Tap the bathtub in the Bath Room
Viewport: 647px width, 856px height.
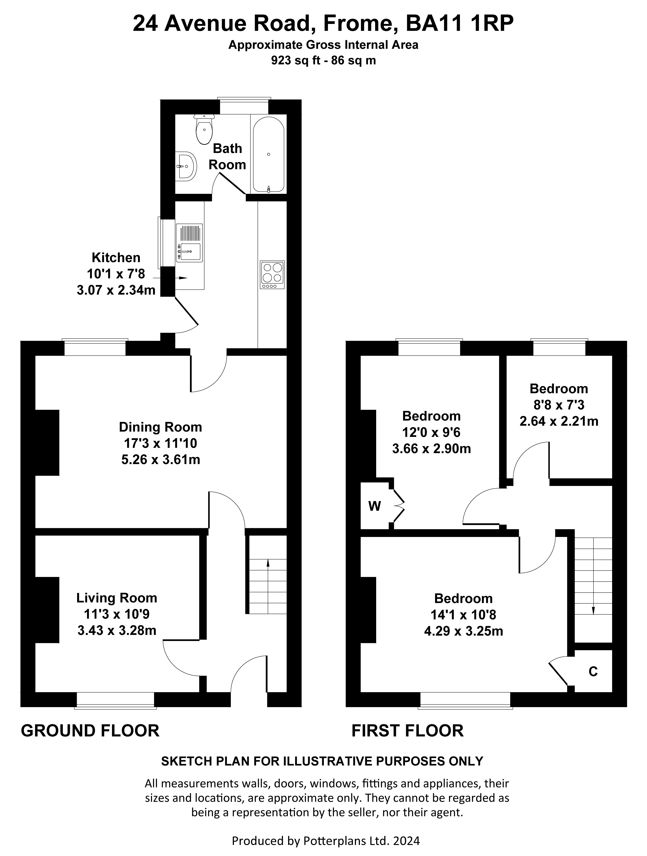[x=269, y=155]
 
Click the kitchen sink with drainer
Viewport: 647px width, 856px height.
[x=189, y=243]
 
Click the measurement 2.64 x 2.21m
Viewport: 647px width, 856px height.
[x=559, y=421]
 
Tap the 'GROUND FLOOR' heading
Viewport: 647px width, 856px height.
[x=90, y=731]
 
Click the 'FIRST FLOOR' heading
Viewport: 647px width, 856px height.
[x=407, y=731]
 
